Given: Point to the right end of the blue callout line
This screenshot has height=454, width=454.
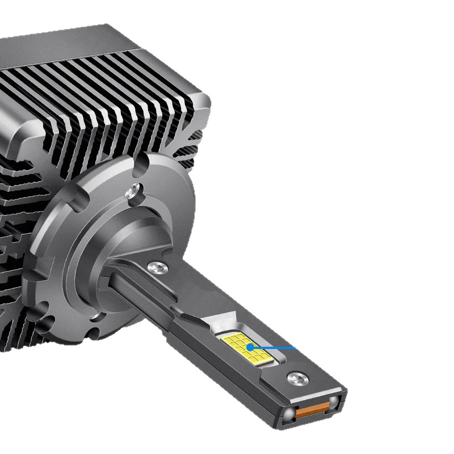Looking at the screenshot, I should pos(295,347).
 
